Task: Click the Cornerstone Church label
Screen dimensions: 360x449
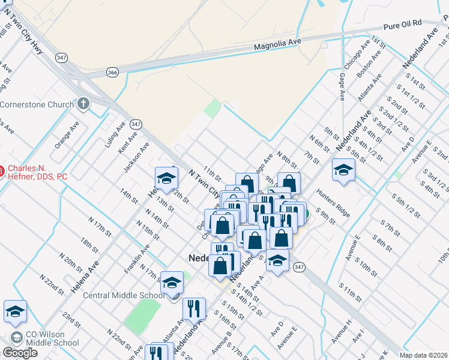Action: (36, 104)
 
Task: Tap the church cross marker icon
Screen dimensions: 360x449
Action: (83, 104)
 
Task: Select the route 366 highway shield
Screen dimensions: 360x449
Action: (112, 72)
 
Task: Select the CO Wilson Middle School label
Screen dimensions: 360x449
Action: (52, 338)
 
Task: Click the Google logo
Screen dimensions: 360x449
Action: (20, 353)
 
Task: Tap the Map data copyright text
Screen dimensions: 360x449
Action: (423, 355)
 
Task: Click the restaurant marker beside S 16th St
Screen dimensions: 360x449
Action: (193, 308)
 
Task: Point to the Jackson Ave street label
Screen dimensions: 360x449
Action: (136, 156)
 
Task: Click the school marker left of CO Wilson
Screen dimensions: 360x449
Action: (15, 310)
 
